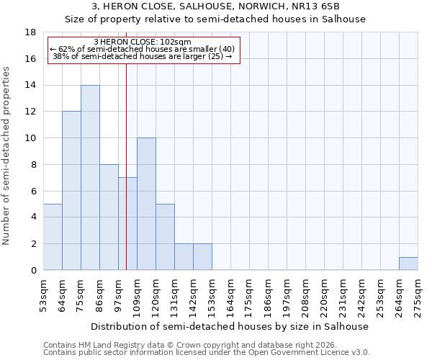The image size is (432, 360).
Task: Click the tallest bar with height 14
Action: click(90, 177)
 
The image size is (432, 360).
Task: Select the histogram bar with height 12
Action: click(71, 191)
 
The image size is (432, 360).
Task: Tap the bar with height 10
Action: click(146, 204)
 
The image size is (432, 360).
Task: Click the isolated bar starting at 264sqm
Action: click(408, 264)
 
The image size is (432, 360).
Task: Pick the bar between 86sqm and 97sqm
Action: click(109, 217)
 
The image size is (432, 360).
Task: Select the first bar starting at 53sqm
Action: click(53, 237)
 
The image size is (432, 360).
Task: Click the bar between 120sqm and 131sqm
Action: click(165, 237)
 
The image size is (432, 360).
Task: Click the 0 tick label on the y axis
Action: click(33, 270)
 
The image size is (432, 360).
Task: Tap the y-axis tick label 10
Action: click(31, 138)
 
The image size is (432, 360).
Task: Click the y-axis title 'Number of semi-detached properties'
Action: click(7, 156)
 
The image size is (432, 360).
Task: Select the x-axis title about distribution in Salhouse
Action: click(230, 326)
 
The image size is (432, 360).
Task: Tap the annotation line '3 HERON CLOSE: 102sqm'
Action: click(143, 42)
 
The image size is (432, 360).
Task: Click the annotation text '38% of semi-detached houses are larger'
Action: click(143, 56)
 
